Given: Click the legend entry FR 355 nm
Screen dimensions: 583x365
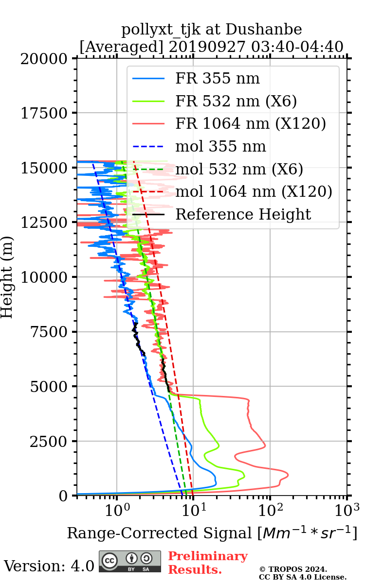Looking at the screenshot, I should pyautogui.click(x=218, y=78).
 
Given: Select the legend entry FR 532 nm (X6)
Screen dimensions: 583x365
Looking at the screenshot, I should pyautogui.click(x=236, y=101).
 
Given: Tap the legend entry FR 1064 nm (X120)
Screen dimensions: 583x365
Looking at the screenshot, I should pyautogui.click(x=250, y=123).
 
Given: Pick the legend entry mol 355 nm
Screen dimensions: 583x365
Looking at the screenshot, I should pyautogui.click(x=220, y=146).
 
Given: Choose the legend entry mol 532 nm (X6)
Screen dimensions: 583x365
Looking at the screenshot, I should pyautogui.click(x=239, y=169).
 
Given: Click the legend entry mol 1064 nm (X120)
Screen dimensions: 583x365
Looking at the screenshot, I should pyautogui.click(x=254, y=191).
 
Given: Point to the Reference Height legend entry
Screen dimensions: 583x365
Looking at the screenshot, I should pyautogui.click(x=243, y=214).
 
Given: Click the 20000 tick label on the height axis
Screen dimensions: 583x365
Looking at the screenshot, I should pyautogui.click(x=44, y=59).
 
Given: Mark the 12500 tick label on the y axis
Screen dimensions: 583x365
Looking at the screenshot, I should pyautogui.click(x=44, y=223).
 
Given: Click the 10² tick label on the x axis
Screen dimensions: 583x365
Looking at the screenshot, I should pyautogui.click(x=270, y=510).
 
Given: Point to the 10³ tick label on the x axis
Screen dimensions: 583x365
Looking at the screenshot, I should pyautogui.click(x=347, y=510).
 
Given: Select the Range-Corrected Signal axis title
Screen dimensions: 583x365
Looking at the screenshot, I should pyautogui.click(x=212, y=533).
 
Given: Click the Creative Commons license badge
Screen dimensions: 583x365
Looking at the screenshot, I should pyautogui.click(x=130, y=562).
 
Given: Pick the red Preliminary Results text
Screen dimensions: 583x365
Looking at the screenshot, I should pyautogui.click(x=207, y=563).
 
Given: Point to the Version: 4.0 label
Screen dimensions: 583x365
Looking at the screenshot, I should pyautogui.click(x=49, y=566).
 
